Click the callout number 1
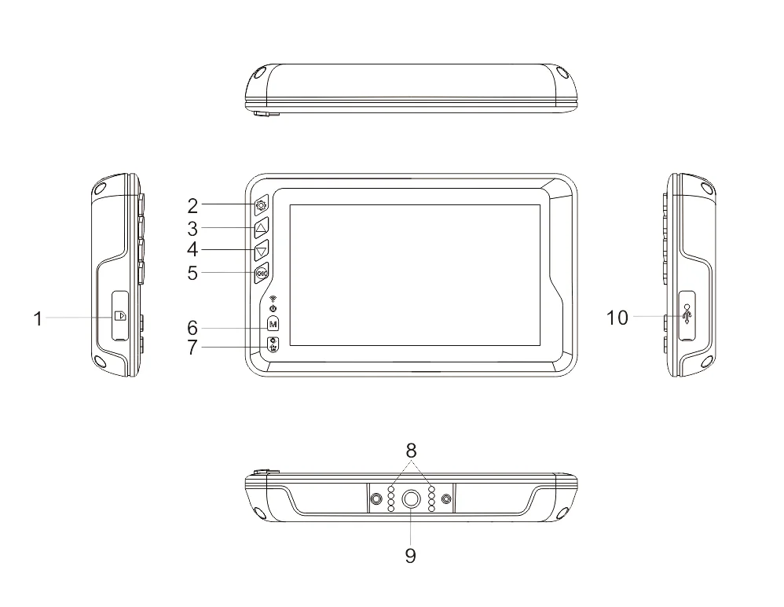pos(38,318)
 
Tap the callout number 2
pos(193,206)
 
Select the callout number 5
pos(193,273)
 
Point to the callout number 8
pos(411,451)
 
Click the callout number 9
pos(411,555)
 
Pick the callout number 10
pos(617,318)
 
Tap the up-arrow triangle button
pos(262,228)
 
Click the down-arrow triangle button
pos(262,250)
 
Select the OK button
pos(262,273)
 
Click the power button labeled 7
pos(273,345)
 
